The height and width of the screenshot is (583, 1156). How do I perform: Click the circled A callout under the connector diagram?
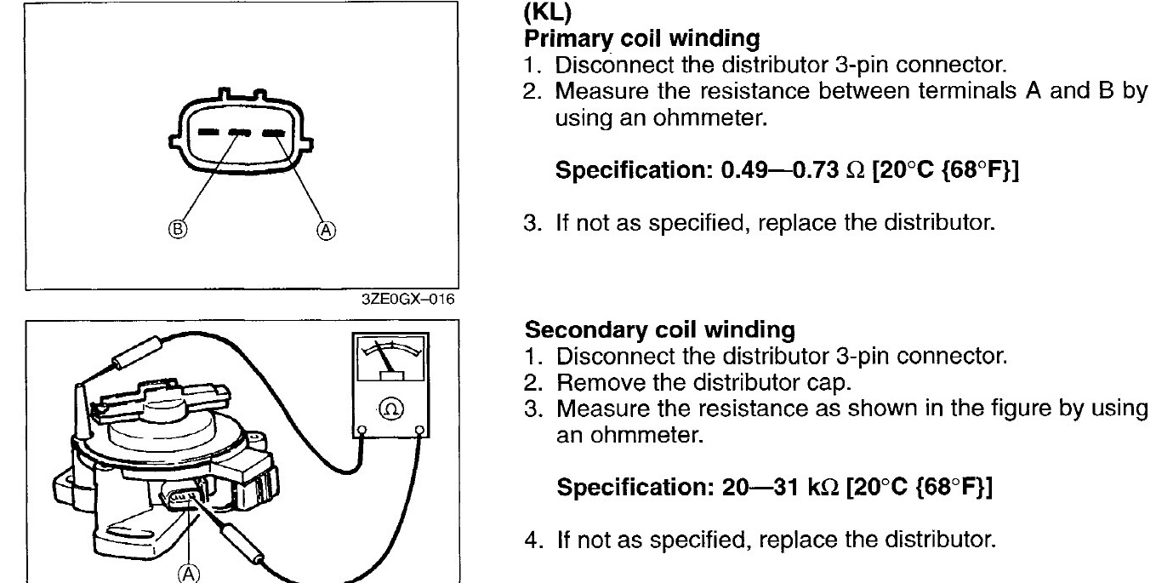[x=327, y=229]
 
